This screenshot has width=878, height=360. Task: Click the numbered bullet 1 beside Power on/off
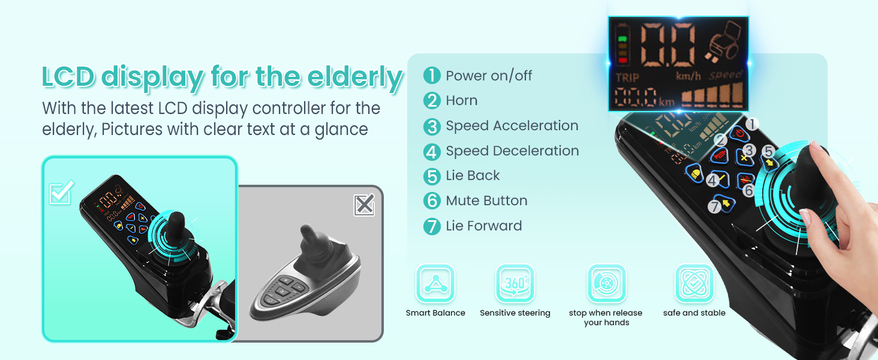click(x=432, y=75)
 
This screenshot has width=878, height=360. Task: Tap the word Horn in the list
click(x=462, y=101)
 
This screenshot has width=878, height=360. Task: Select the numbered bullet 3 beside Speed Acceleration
click(x=432, y=126)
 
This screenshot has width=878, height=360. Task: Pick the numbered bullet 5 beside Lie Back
click(x=432, y=176)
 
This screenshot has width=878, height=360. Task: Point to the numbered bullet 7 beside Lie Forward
click(x=432, y=226)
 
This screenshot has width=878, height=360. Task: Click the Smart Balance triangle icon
click(x=435, y=283)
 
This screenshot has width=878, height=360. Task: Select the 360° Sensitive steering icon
click(x=515, y=283)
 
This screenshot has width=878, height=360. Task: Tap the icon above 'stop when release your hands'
click(x=606, y=283)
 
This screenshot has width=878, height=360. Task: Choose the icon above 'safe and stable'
click(x=694, y=283)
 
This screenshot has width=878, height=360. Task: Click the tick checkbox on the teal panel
click(x=61, y=193)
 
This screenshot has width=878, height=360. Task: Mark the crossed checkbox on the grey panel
click(x=364, y=205)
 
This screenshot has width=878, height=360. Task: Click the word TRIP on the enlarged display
click(x=627, y=77)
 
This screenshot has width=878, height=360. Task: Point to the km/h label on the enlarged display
click(x=688, y=76)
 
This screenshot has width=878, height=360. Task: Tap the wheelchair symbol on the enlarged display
click(x=723, y=41)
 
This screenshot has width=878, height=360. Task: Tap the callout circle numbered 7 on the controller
click(x=714, y=206)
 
